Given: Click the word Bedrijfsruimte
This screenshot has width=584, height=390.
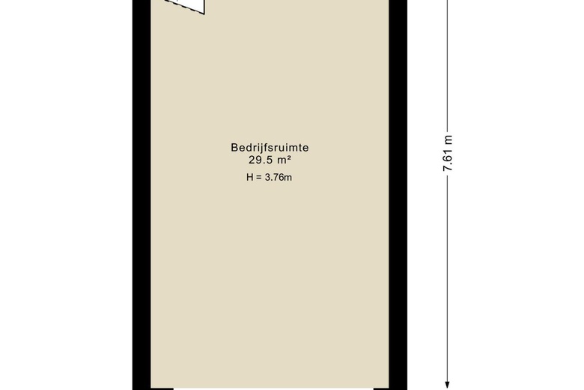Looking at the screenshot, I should click(270, 148).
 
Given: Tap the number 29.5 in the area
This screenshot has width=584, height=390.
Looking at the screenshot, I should click(259, 159).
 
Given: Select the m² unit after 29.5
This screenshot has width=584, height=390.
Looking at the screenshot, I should click(283, 159).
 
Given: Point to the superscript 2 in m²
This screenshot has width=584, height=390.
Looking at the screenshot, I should click(288, 156).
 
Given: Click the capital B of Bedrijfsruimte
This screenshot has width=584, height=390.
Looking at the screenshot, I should click(234, 148).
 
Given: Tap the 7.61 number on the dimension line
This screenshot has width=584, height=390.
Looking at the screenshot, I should click(448, 160).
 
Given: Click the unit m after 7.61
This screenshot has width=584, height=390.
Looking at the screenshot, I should click(448, 139).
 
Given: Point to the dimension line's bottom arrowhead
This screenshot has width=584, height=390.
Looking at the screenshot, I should click(448, 383).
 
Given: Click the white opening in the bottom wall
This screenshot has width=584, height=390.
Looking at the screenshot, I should click(273, 388).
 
